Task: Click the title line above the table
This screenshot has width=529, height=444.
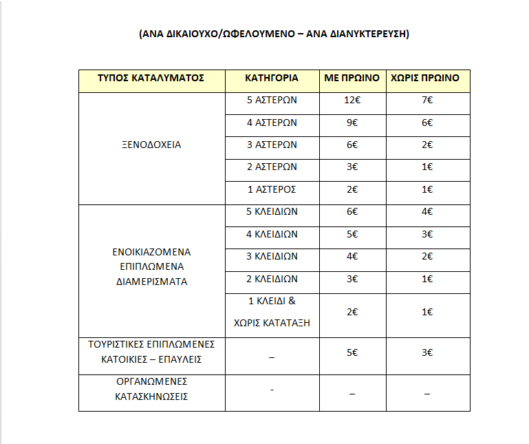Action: click(x=274, y=34)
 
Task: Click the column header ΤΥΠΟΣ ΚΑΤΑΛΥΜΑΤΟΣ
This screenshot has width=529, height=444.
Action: click(x=151, y=78)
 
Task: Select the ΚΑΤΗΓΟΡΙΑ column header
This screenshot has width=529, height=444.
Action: click(x=271, y=78)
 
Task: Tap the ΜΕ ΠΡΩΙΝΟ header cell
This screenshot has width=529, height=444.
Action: click(x=352, y=78)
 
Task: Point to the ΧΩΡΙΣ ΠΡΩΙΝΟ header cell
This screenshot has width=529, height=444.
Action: click(x=428, y=78)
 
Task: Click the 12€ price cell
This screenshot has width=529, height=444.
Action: click(x=352, y=100)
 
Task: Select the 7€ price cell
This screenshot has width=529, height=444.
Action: click(x=428, y=100)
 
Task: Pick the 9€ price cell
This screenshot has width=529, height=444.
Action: click(x=352, y=123)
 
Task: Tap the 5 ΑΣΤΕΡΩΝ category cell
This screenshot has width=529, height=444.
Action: click(x=271, y=100)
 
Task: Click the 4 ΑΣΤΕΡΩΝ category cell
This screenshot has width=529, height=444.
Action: click(x=271, y=123)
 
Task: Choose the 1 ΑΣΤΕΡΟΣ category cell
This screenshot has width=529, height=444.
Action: click(x=271, y=189)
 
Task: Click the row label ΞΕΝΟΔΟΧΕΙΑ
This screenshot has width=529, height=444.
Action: click(x=151, y=145)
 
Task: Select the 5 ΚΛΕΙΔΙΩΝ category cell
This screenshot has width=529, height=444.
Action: click(x=271, y=211)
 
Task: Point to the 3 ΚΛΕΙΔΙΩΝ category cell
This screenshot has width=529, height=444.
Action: click(x=271, y=256)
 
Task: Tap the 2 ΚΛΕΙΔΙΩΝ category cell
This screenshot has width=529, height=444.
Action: click(x=271, y=279)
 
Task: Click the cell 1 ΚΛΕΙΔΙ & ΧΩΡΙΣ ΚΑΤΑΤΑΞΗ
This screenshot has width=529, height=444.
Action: click(x=271, y=312)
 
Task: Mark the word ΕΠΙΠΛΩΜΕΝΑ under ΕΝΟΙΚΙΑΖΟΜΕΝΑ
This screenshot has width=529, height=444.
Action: click(x=151, y=266)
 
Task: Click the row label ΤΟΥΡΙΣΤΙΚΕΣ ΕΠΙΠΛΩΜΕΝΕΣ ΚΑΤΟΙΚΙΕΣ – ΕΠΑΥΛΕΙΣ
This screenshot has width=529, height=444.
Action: click(x=151, y=351)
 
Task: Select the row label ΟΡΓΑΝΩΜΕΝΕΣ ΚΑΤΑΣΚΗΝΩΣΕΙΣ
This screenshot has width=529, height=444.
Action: click(x=151, y=389)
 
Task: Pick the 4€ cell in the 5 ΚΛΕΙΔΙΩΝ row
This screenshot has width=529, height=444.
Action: click(x=428, y=211)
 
